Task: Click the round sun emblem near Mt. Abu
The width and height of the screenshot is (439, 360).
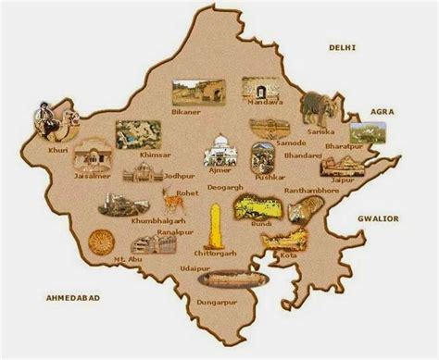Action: click(x=101, y=242)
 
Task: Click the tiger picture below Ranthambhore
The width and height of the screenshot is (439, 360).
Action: click(x=298, y=210)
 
